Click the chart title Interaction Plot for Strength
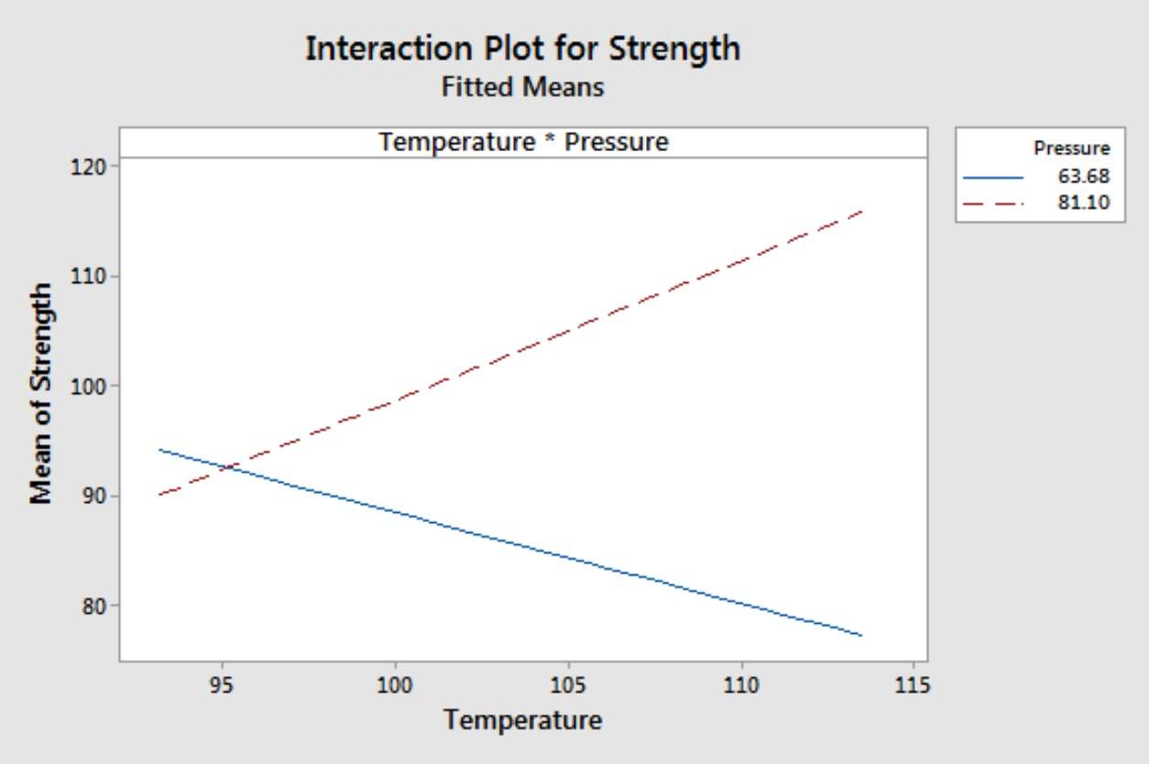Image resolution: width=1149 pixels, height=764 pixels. coord(522,48)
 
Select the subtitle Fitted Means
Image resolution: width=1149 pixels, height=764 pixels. coord(522,88)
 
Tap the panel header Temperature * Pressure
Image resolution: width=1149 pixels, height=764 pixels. coord(523,142)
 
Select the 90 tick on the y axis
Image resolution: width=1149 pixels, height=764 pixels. coord(95,496)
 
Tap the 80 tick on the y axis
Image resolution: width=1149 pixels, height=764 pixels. coord(95,606)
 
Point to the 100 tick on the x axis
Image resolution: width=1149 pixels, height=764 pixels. coord(395,684)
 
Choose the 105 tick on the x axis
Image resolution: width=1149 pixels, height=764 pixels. coord(568,684)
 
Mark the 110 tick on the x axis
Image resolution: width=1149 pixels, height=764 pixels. coord(741,684)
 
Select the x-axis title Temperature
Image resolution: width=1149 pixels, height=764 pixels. coord(523,720)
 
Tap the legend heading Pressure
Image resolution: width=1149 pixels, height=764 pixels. coord(1071,147)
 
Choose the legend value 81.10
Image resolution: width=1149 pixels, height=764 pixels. coord(1084,202)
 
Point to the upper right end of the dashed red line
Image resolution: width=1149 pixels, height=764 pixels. coord(862,211)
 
